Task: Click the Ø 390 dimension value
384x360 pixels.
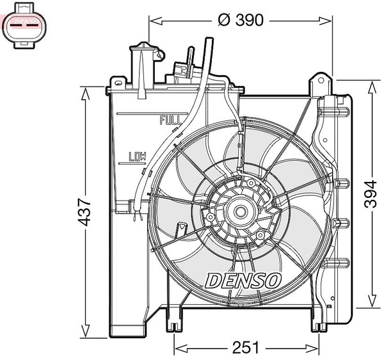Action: pos(241,20)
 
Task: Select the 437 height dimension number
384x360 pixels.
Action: pos(84,213)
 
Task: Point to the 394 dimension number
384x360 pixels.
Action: pos(371,194)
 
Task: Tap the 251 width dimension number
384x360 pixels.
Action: pos(246,347)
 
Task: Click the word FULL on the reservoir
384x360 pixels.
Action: pos(171,120)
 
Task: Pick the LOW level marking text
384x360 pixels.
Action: pos(138,156)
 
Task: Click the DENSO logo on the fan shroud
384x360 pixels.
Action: pos(243,281)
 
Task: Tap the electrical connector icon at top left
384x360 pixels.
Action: pos(24,26)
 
